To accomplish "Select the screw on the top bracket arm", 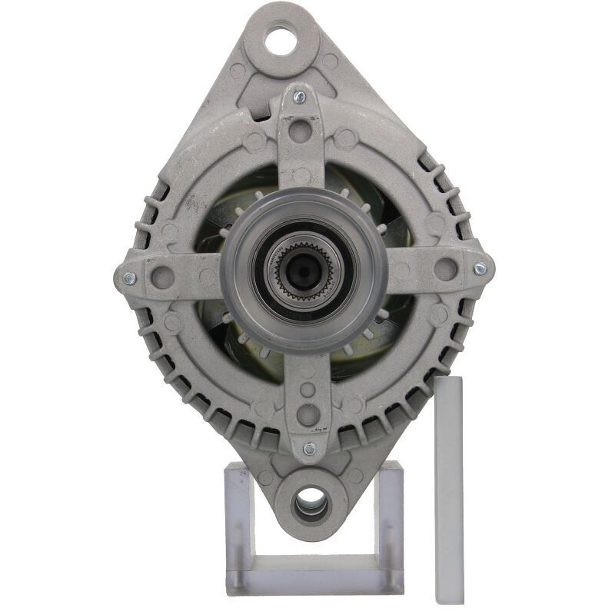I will [300, 97].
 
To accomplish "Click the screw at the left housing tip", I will [128, 278].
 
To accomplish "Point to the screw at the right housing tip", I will [480, 269].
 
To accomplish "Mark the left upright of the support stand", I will [237, 523].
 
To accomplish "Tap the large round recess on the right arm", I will [445, 268].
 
